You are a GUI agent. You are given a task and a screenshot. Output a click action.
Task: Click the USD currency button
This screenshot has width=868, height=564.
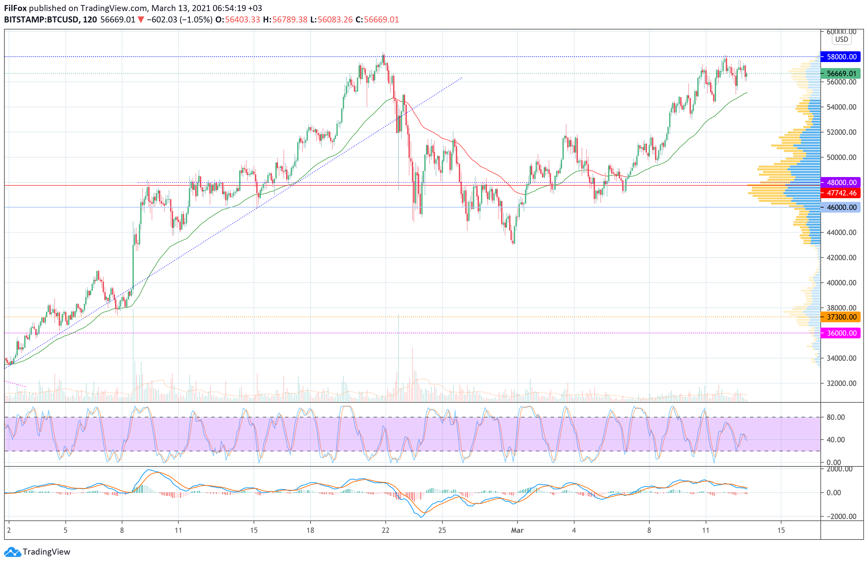coord(842,39)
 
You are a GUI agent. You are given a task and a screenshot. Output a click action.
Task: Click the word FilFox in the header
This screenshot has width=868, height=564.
coord(15,8)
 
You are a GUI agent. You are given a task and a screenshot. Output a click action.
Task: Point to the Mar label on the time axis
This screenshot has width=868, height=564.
coord(517,530)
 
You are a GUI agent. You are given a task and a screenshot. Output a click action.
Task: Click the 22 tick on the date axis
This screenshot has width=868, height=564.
coord(385,530)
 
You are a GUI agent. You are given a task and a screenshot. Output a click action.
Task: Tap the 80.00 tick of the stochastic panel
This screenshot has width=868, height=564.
coord(836,417)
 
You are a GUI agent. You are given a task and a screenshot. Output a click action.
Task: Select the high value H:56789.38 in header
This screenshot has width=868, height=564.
coord(285,20)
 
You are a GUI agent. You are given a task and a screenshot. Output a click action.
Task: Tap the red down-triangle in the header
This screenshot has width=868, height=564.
coord(141,20)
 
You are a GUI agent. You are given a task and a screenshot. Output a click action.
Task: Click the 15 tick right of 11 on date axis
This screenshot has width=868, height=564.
coord(781,530)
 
